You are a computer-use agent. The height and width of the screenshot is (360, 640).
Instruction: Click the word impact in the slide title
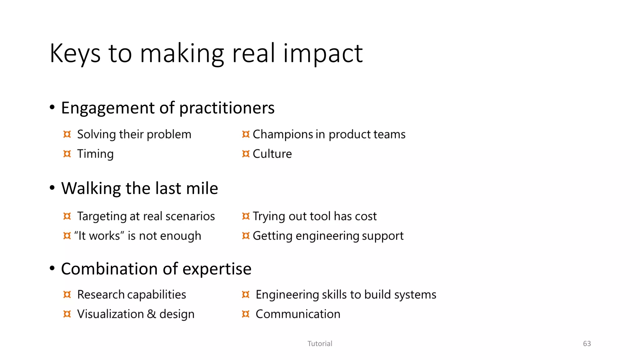click(323, 54)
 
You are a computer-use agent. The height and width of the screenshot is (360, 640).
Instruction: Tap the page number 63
click(587, 344)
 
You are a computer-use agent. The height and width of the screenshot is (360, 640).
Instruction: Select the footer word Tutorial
click(320, 344)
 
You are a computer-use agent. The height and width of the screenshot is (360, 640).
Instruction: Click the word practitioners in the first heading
click(227, 108)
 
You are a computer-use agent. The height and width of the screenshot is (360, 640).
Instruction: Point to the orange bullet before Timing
click(67, 154)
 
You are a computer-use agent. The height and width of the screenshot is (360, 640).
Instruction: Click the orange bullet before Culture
click(246, 154)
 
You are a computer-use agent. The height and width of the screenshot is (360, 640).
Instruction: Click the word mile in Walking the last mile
click(202, 188)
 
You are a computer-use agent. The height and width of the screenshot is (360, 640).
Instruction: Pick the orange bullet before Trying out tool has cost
click(246, 216)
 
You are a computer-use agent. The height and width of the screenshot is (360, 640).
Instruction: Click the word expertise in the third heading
click(217, 269)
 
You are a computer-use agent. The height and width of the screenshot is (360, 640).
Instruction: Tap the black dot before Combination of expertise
click(52, 268)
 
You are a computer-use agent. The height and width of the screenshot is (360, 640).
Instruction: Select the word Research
click(101, 295)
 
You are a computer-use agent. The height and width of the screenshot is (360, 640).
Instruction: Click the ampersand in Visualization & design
click(151, 314)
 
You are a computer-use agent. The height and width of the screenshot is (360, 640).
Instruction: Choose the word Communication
click(298, 314)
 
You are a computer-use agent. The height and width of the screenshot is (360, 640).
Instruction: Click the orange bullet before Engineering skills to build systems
click(246, 294)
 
